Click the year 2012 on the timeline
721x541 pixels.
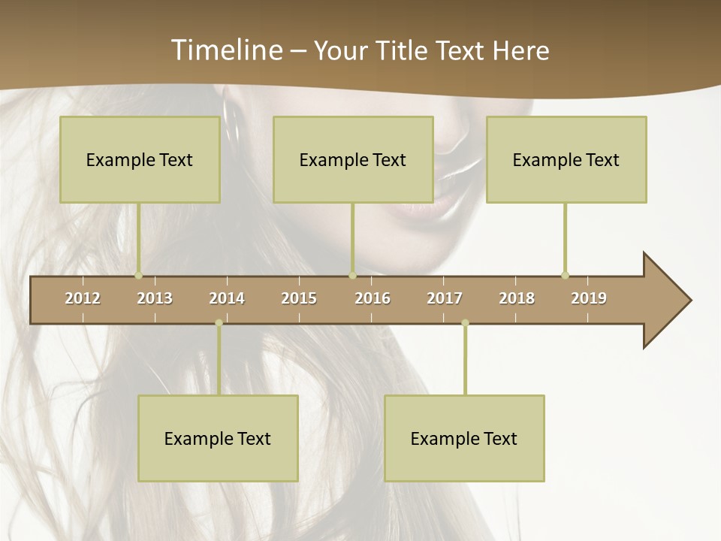(x=83, y=298)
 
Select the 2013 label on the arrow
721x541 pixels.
(x=155, y=298)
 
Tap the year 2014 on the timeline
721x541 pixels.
(x=227, y=298)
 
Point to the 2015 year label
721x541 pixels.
(x=299, y=298)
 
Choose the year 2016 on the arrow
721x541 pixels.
(x=373, y=298)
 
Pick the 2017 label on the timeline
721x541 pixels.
(x=445, y=298)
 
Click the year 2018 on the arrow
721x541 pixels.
(x=517, y=298)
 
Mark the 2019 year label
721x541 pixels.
(x=589, y=298)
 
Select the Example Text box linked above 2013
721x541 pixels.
(x=140, y=159)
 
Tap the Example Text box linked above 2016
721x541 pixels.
(x=353, y=159)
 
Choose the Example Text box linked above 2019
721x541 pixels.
(x=566, y=159)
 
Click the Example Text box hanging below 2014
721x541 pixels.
(x=218, y=438)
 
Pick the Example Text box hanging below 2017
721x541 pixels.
(x=464, y=438)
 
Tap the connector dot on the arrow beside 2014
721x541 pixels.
(x=219, y=323)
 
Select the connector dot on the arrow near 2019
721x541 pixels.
(x=565, y=275)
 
